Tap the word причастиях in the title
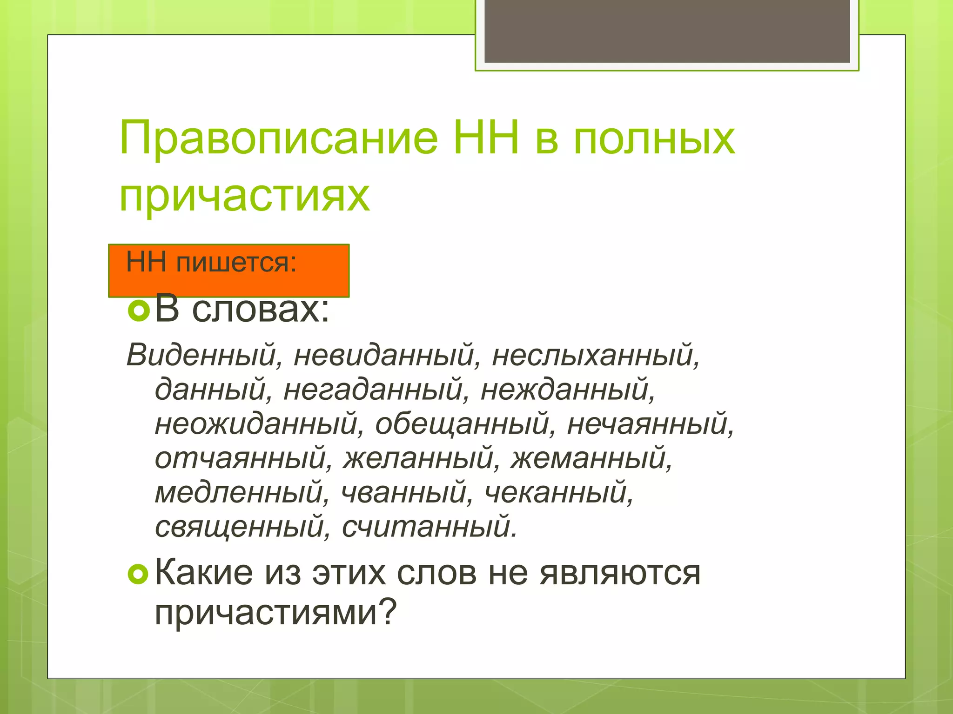click(x=245, y=196)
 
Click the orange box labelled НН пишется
click(x=228, y=271)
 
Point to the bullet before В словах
click(x=138, y=311)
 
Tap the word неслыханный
click(x=595, y=356)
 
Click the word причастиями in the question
click(x=275, y=613)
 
